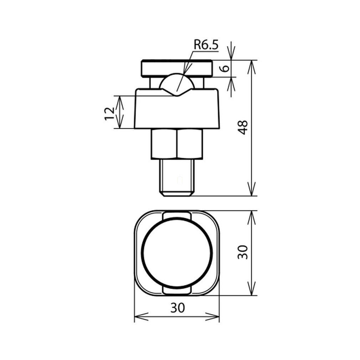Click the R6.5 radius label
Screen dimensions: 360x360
(x=206, y=45)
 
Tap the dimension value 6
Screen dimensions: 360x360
(x=226, y=68)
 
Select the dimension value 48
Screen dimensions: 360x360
(x=243, y=127)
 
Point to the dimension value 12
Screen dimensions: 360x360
(x=109, y=114)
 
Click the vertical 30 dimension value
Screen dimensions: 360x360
(x=243, y=252)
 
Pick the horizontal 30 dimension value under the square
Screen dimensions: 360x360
(x=178, y=308)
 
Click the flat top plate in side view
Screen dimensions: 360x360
(x=176, y=68)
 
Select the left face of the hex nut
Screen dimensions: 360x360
(x=164, y=144)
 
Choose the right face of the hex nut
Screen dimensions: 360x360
(x=190, y=144)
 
